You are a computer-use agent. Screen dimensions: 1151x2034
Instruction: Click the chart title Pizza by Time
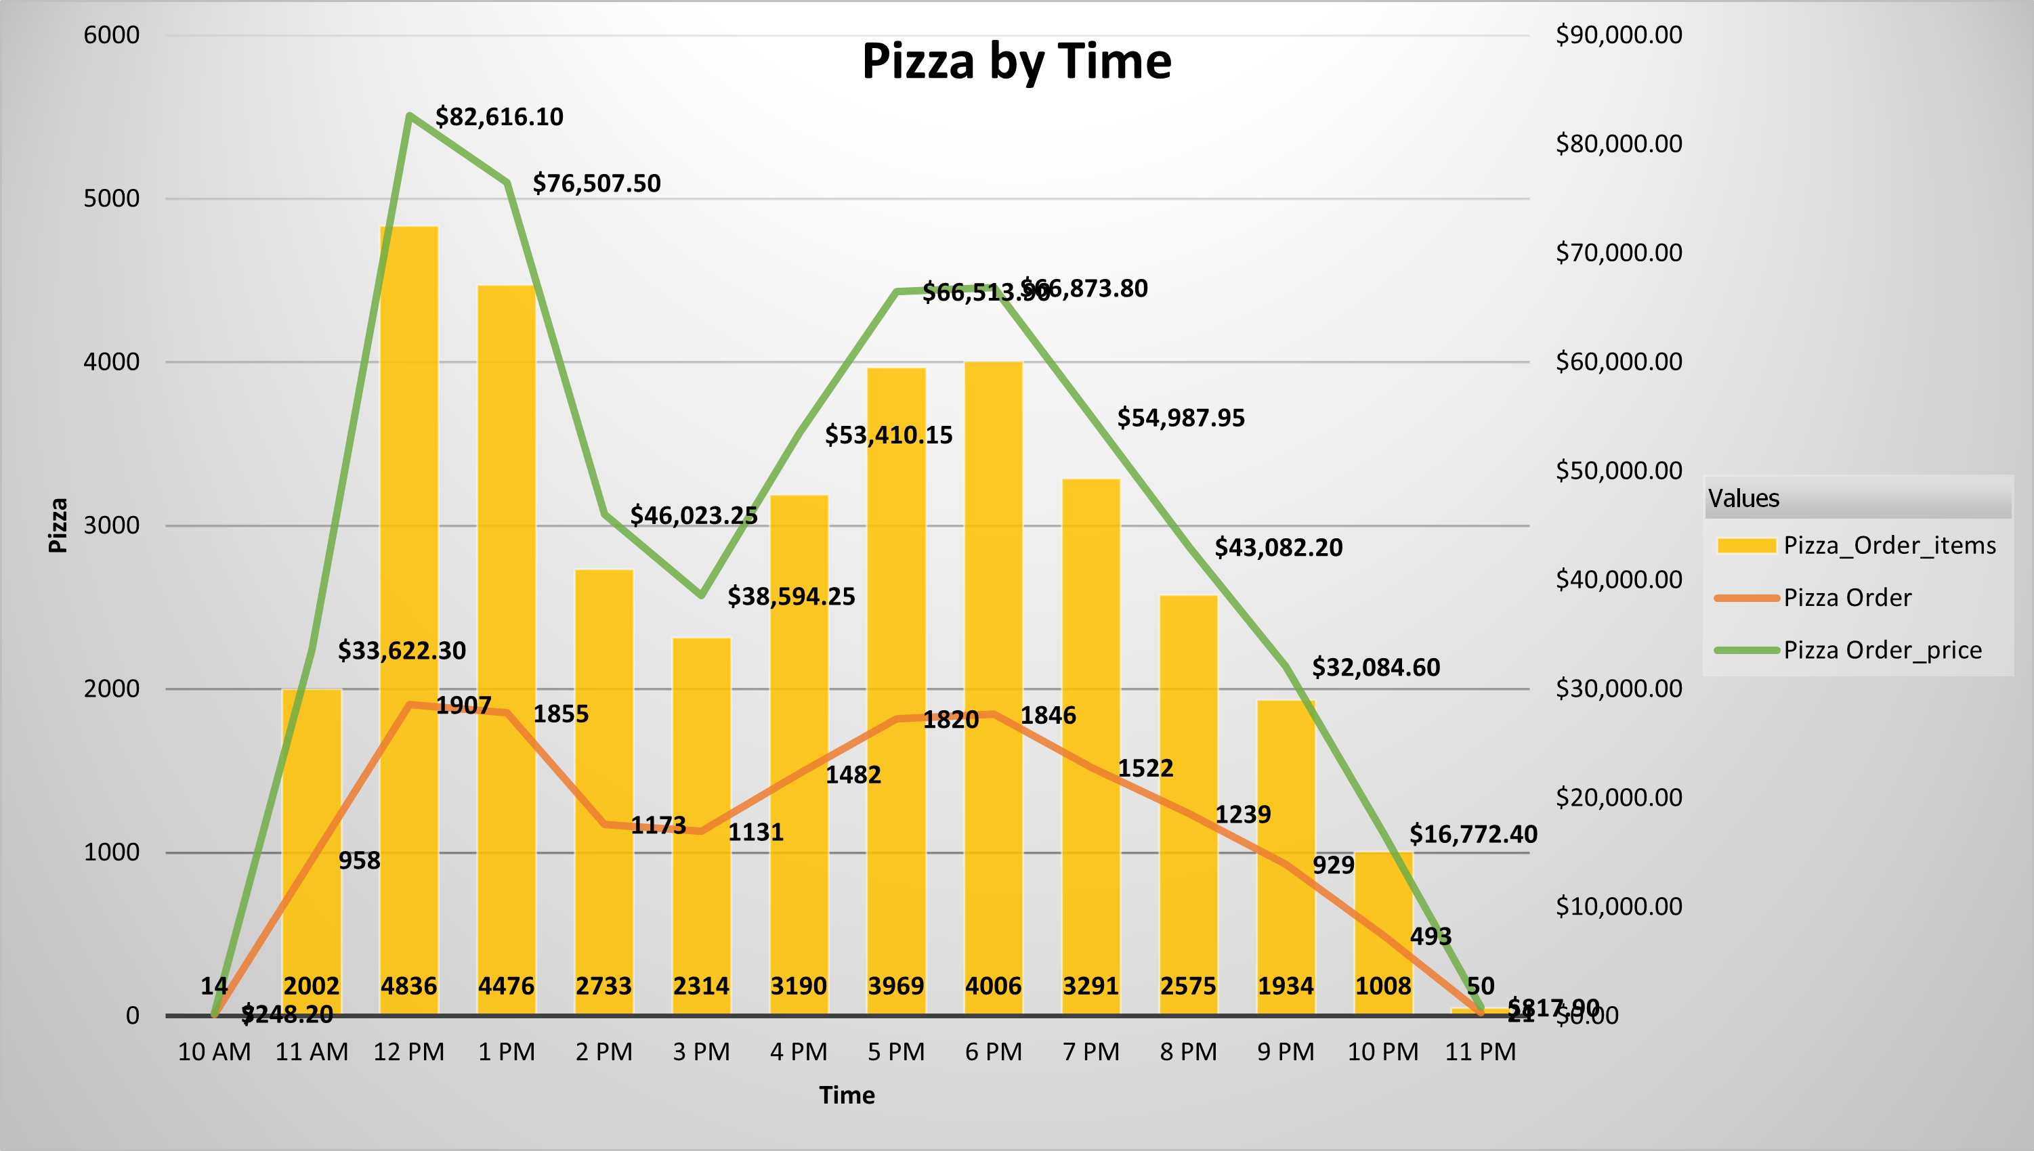pos(1016,62)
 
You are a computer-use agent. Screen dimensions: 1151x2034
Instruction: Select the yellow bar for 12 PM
pos(409,475)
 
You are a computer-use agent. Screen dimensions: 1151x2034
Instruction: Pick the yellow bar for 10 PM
pos(1383,909)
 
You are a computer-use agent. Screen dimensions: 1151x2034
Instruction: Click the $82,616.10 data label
pos(499,117)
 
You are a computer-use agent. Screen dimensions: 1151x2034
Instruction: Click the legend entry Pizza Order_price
pos(1882,650)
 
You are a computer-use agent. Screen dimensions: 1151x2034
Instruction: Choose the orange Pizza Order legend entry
pos(1846,598)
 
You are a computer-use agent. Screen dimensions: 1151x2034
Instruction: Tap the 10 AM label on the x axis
pos(214,1052)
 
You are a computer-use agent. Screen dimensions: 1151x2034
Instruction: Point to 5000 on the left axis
pos(112,198)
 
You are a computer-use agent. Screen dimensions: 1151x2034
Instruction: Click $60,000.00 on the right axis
pos(1619,362)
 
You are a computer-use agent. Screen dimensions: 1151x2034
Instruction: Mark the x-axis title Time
pos(847,1095)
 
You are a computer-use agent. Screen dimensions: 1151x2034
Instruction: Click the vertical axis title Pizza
pos(58,525)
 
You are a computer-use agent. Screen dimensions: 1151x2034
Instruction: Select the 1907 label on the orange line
pos(463,705)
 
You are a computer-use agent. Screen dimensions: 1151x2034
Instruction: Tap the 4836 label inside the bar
pos(409,986)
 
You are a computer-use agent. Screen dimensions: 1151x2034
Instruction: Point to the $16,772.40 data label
pos(1473,834)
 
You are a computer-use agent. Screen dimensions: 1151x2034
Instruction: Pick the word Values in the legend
pos(1744,499)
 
